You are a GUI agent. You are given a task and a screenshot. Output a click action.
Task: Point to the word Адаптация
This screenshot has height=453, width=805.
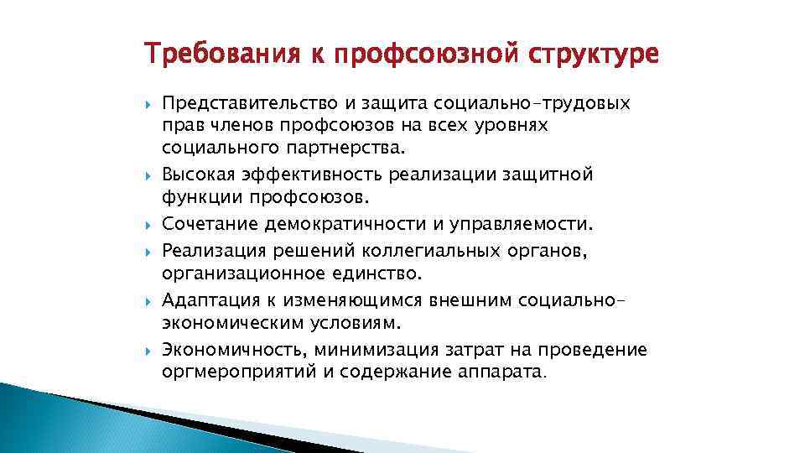click(x=210, y=299)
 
